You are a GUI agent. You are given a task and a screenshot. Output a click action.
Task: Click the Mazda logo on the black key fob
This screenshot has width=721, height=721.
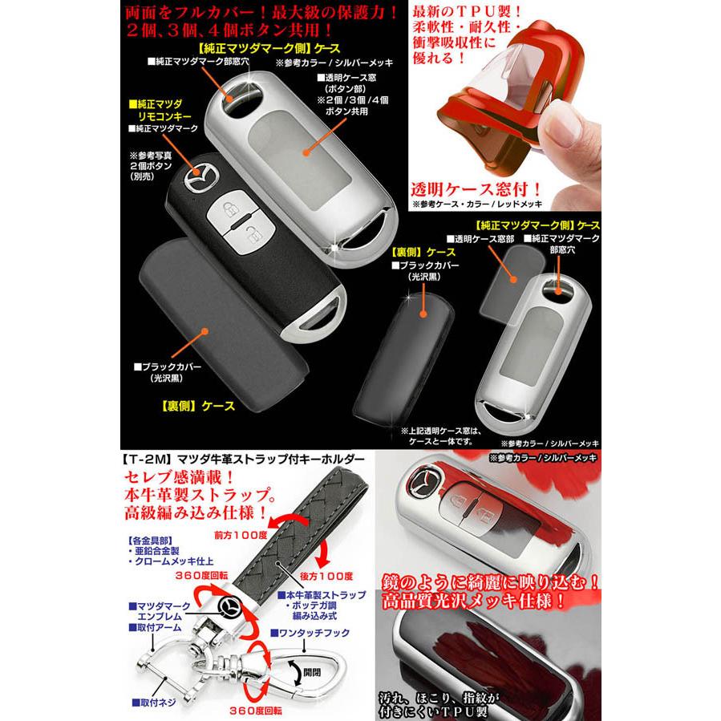click(200, 177)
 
